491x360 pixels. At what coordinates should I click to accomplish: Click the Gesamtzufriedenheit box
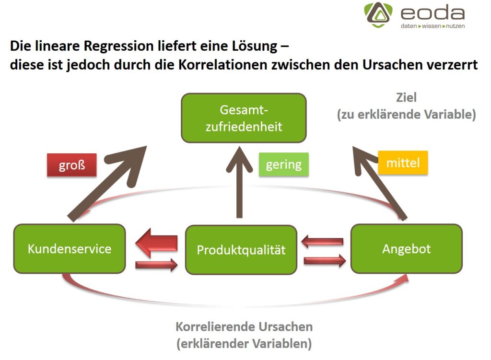click(x=244, y=118)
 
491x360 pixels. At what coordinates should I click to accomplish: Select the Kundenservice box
click(x=70, y=249)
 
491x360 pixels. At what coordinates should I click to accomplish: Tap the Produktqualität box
click(x=241, y=250)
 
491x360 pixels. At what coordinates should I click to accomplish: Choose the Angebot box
click(x=406, y=248)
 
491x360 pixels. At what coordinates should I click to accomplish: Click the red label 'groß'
click(x=71, y=165)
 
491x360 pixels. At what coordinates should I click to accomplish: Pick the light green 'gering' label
click(x=283, y=165)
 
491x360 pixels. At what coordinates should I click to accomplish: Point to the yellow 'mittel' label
click(x=402, y=163)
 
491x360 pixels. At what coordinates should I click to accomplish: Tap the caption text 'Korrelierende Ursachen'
click(x=244, y=327)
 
